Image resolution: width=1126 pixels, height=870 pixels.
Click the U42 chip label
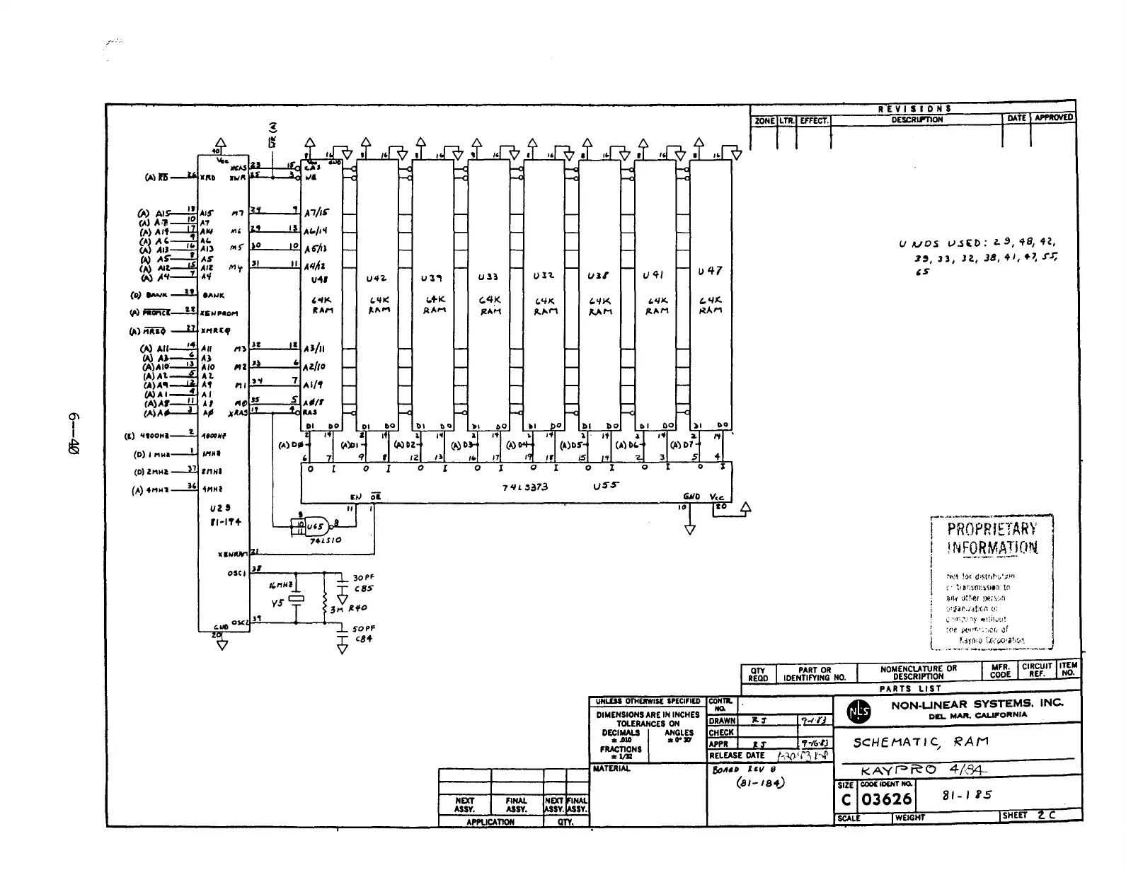pyautogui.click(x=377, y=279)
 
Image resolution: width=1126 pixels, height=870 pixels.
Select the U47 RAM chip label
pyautogui.click(x=710, y=271)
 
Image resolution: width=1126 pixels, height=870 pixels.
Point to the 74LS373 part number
pyautogui.click(x=525, y=487)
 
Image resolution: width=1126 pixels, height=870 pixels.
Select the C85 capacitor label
pyautogui.click(x=364, y=588)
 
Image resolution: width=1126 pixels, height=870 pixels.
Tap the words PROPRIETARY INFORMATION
pyautogui.click(x=992, y=538)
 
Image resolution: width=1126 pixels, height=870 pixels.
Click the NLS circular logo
pyautogui.click(x=858, y=712)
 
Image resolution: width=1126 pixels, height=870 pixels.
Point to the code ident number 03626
pyautogui.click(x=887, y=799)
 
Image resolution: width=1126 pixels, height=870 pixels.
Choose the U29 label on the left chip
pyautogui.click(x=216, y=508)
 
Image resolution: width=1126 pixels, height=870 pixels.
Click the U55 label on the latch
pyautogui.click(x=606, y=486)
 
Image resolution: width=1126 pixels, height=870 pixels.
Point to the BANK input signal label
pyautogui.click(x=157, y=295)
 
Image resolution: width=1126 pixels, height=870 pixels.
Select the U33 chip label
pyautogui.click(x=488, y=277)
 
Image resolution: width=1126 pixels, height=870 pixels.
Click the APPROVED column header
pyautogui.click(x=1053, y=118)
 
